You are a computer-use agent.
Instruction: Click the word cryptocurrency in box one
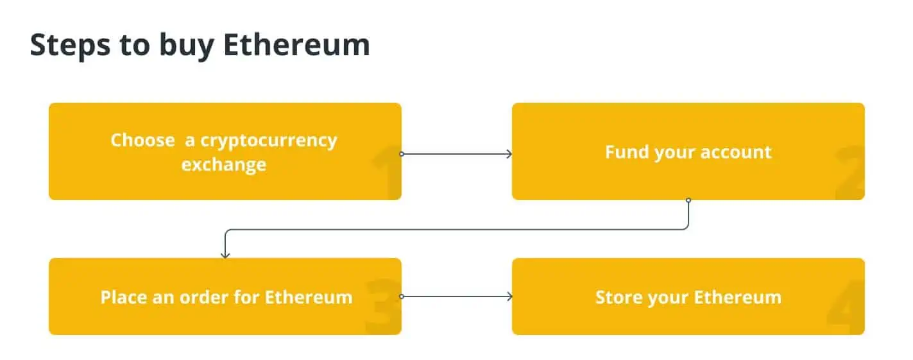(x=261, y=141)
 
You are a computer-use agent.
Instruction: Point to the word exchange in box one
(x=223, y=164)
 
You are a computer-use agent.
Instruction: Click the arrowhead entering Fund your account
(x=509, y=154)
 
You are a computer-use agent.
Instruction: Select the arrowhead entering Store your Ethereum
(x=509, y=296)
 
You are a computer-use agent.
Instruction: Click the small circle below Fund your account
(x=688, y=200)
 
